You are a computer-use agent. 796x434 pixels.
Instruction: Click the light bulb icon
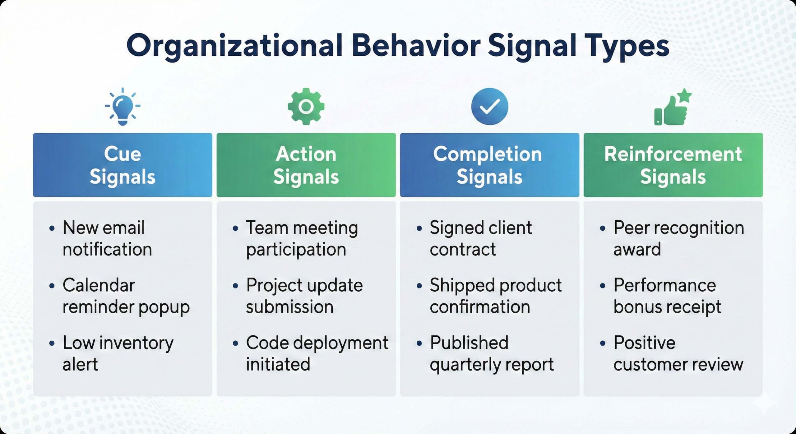(123, 107)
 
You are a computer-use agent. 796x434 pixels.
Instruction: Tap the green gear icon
(306, 107)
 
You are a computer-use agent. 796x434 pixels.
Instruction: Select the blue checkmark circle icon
(489, 107)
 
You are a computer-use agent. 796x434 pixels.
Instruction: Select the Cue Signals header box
(123, 165)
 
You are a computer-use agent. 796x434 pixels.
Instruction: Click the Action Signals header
(306, 165)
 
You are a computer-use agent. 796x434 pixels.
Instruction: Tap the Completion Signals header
(489, 165)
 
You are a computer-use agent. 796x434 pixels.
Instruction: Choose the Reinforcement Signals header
(673, 165)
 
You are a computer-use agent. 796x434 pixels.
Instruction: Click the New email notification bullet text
(107, 238)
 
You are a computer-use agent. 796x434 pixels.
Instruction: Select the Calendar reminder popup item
(126, 296)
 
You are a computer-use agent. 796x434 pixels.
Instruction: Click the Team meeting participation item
(302, 238)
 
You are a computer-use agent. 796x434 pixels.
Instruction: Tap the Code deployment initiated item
(317, 353)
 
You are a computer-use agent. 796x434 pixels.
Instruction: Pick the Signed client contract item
(480, 238)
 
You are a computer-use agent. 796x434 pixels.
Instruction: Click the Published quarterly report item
(491, 353)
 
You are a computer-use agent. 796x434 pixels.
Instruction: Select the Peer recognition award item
(678, 238)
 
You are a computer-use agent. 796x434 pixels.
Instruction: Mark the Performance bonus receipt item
(667, 296)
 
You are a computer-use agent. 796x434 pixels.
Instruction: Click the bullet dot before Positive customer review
(603, 344)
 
